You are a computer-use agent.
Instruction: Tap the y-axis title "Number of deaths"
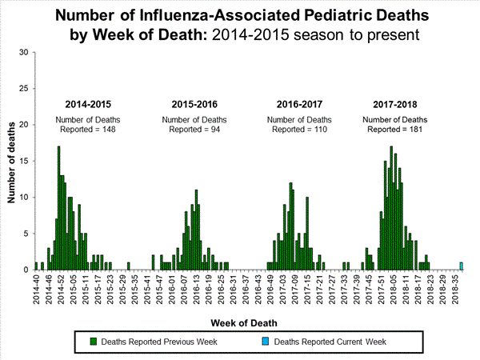(x=11, y=161)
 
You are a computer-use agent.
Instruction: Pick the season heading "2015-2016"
(x=194, y=105)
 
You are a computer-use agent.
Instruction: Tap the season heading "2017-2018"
(x=395, y=105)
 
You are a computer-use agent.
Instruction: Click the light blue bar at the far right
(x=461, y=266)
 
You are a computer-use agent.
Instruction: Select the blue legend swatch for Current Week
(x=265, y=342)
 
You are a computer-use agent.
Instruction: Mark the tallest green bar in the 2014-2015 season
(x=58, y=208)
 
